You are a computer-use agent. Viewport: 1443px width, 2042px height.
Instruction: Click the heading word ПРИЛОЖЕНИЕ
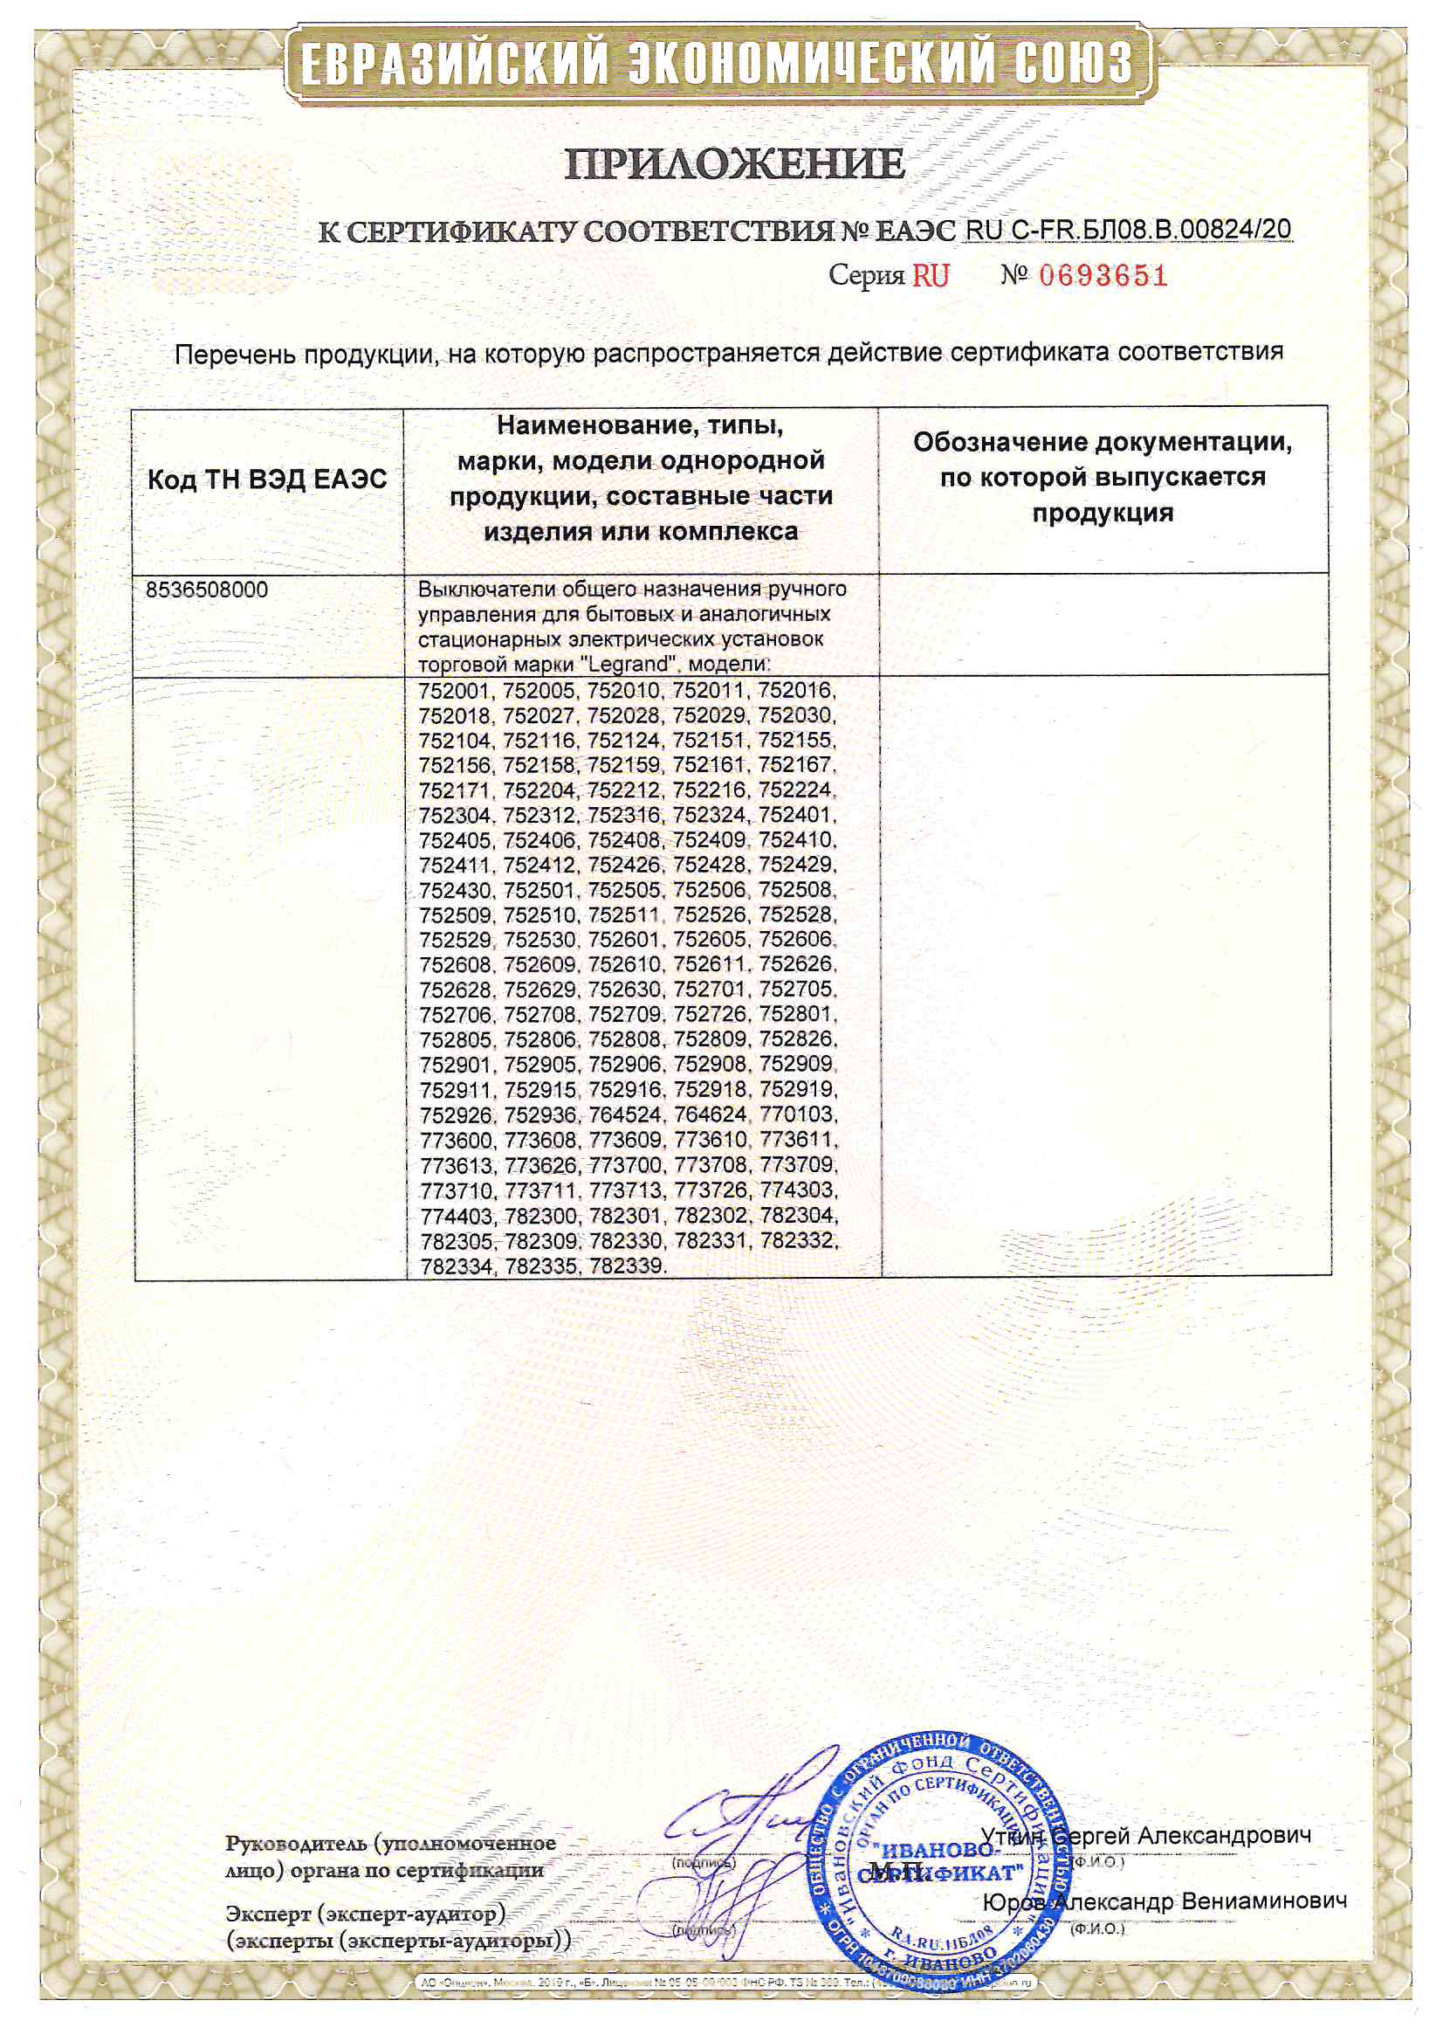tap(734, 164)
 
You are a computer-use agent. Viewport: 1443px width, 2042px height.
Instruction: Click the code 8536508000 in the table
tap(206, 590)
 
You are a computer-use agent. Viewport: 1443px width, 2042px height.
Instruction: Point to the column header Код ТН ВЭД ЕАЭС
tap(267, 480)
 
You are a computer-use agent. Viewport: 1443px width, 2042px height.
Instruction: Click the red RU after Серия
tap(930, 276)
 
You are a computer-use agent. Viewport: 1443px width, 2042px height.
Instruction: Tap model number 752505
tap(629, 889)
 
